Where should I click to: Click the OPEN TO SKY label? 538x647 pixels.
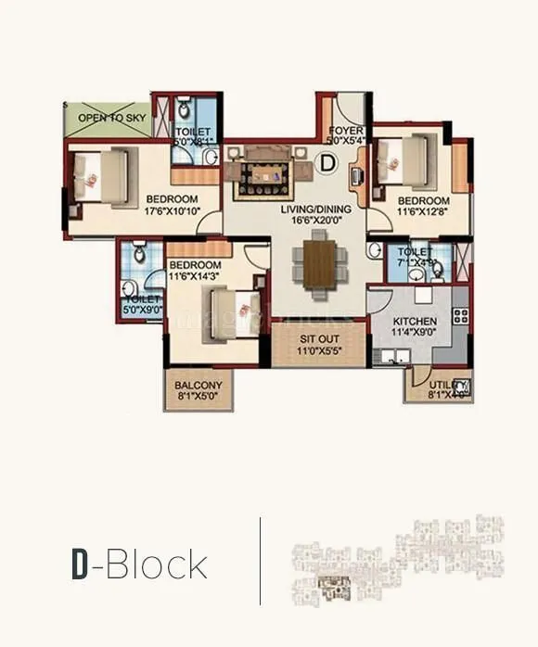pyautogui.click(x=108, y=119)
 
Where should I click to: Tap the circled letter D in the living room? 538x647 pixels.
pyautogui.click(x=326, y=163)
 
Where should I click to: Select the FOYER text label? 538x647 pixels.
pyautogui.click(x=345, y=131)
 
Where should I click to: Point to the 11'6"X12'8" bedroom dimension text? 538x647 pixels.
pyautogui.click(x=424, y=212)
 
